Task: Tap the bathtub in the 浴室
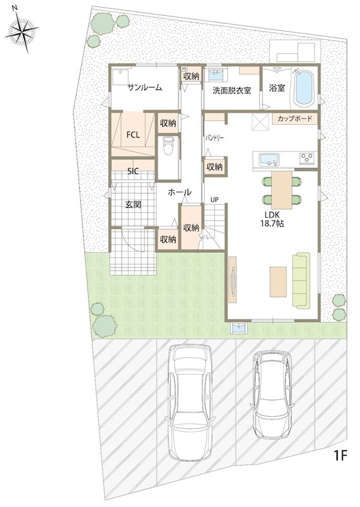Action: pos(304,87)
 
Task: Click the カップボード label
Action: pos(295,119)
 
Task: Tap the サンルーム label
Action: pos(145,87)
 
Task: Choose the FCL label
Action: pos(133,135)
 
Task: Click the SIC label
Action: pos(133,171)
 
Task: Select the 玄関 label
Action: pos(133,204)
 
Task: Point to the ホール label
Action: pos(179,193)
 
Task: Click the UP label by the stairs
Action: pos(214,200)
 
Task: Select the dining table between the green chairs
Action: pos(281,189)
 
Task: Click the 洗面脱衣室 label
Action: pos(231,91)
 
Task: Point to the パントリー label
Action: pos(214,138)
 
